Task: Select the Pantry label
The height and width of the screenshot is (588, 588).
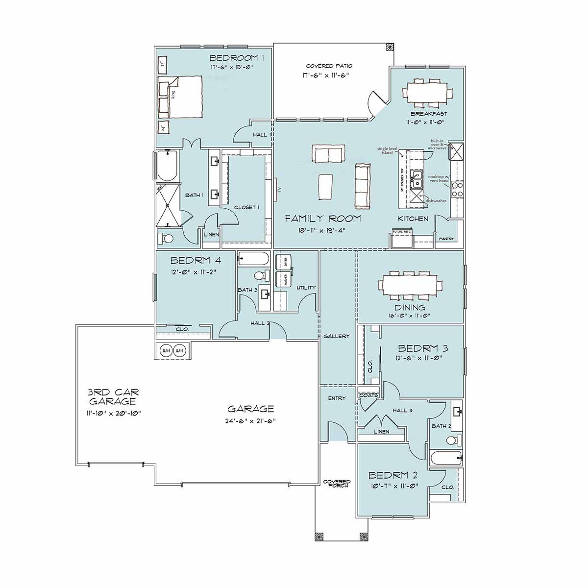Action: tap(446, 239)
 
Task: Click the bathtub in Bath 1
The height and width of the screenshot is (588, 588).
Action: tap(167, 166)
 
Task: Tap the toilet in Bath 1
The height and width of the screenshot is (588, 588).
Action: tap(166, 239)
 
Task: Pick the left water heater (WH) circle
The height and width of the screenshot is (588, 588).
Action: tap(166, 351)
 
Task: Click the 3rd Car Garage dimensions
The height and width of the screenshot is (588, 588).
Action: tap(114, 413)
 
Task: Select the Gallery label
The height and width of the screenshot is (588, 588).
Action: tap(336, 337)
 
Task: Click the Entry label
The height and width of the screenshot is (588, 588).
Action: tap(337, 398)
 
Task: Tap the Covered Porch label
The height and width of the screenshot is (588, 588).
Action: tap(337, 483)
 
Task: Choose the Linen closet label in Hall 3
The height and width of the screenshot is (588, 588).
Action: tap(381, 432)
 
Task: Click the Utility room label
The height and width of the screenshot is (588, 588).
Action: tap(306, 288)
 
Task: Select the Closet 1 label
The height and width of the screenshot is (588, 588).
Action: tap(246, 207)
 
